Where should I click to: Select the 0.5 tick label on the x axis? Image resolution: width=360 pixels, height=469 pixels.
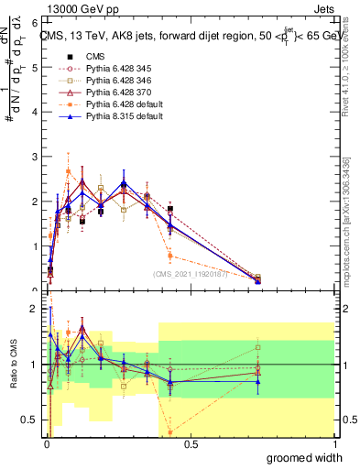[x=191, y=444]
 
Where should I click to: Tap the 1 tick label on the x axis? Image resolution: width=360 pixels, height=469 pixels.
[x=333, y=444]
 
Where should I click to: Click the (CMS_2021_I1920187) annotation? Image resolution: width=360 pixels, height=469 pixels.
[x=191, y=273]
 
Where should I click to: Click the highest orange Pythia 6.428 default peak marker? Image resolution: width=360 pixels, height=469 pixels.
[x=68, y=171]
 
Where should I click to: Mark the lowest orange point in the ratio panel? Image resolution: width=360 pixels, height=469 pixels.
[x=170, y=431]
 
